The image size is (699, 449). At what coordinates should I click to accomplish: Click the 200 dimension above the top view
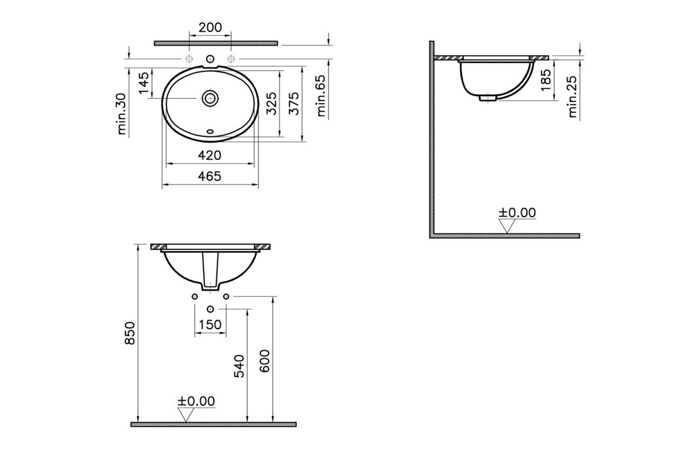tap(210, 27)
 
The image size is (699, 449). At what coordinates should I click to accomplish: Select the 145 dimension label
tap(143, 83)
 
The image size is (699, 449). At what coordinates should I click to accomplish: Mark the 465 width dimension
tap(209, 176)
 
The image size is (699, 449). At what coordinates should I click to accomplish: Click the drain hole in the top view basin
tap(210, 97)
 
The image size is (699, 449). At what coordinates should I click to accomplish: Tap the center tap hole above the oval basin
tap(210, 59)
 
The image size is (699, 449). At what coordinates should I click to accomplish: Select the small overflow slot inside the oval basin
tap(210, 129)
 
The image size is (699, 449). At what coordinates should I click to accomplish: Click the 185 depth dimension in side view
tap(545, 80)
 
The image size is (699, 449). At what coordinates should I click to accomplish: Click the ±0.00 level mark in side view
tap(517, 212)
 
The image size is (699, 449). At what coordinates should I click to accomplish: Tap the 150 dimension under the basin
tap(210, 325)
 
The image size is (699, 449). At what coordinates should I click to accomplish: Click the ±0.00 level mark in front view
tap(196, 401)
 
